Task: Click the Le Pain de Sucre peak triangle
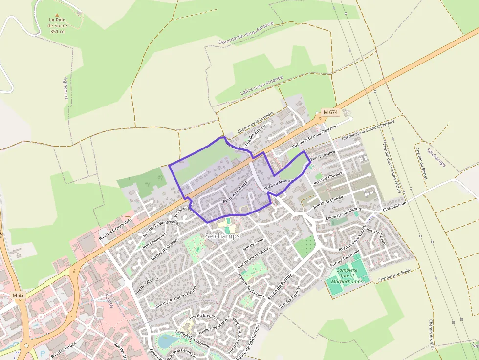click(x=57, y=15)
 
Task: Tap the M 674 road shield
click(x=330, y=112)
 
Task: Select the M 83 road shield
click(x=18, y=295)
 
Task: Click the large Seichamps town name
click(x=222, y=236)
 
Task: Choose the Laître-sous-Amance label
click(x=261, y=85)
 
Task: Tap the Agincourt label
click(x=65, y=88)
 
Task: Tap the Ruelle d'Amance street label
click(x=278, y=184)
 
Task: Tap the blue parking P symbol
click(x=42, y=353)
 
